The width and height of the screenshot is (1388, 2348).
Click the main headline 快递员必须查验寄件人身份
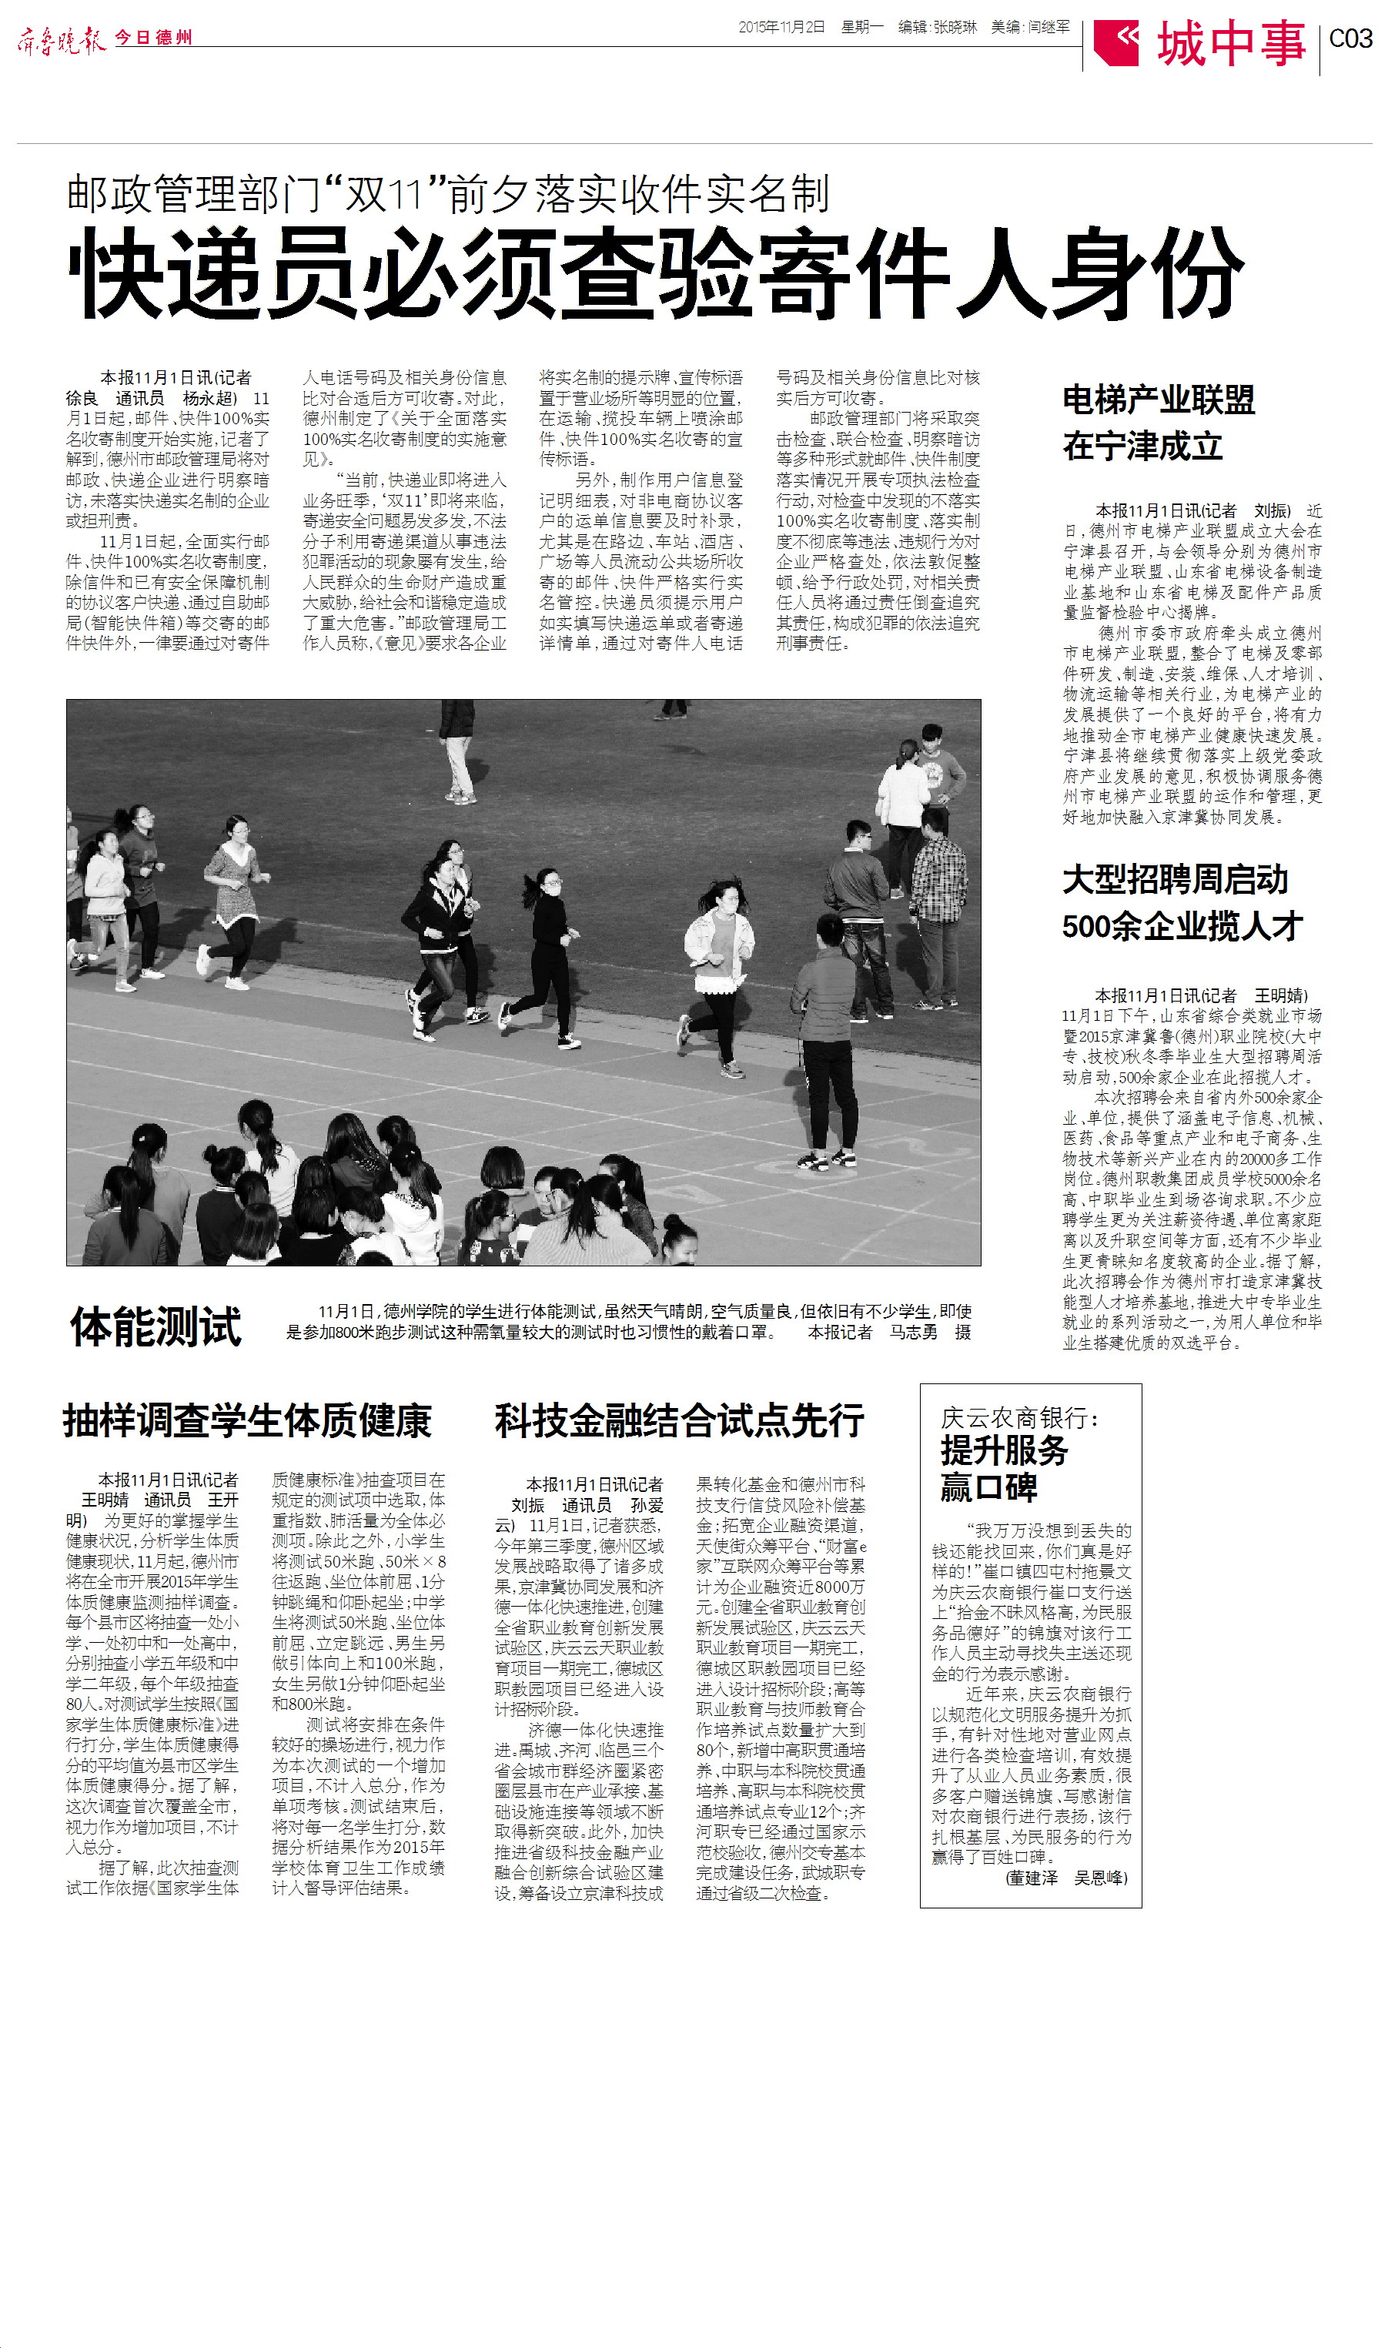(x=654, y=273)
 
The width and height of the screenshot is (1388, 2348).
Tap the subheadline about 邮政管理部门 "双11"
(x=447, y=193)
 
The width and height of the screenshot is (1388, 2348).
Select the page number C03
(x=1350, y=38)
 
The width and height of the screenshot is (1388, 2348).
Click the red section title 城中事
(x=1231, y=43)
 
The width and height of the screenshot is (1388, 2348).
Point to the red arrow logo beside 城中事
(x=1115, y=42)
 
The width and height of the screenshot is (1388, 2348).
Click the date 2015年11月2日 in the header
(x=782, y=27)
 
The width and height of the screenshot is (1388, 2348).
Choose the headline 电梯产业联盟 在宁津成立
(x=1158, y=423)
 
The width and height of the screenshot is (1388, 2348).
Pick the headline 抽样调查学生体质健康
(x=247, y=1420)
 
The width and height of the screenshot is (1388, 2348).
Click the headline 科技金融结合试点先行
(x=679, y=1420)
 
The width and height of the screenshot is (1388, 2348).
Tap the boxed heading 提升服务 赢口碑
(x=1004, y=1468)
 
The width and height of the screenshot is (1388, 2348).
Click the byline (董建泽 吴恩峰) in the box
(x=1066, y=1878)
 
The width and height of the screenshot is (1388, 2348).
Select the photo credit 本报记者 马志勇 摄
(x=888, y=1333)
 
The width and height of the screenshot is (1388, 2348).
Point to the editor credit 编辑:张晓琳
(x=937, y=27)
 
